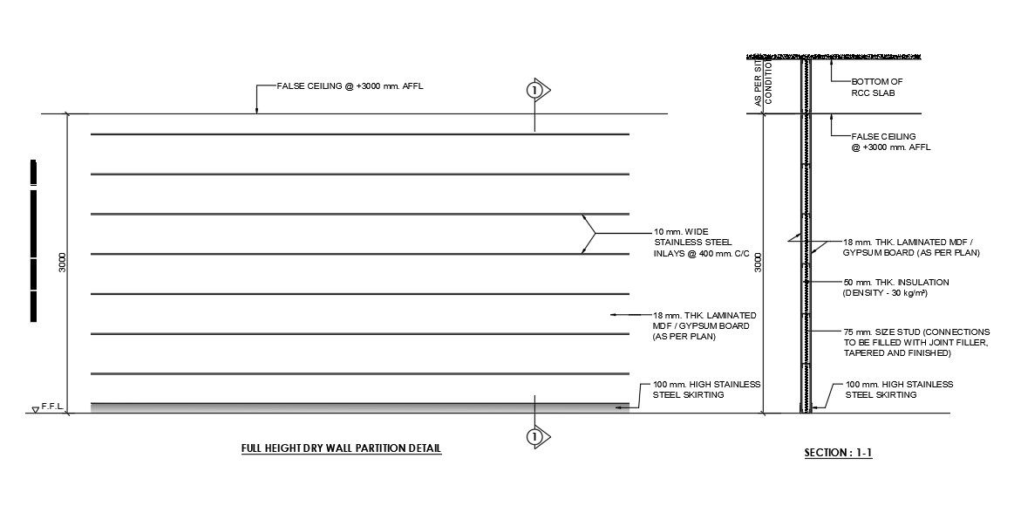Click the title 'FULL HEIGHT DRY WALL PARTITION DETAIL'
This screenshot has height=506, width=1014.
click(x=342, y=449)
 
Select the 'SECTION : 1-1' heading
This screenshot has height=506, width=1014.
click(x=838, y=454)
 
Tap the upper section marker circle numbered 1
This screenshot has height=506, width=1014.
click(x=534, y=89)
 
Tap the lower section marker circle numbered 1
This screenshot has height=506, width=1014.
click(x=534, y=436)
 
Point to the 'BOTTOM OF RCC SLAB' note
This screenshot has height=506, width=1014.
click(x=876, y=86)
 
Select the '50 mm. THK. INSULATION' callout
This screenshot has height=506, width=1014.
click(x=895, y=288)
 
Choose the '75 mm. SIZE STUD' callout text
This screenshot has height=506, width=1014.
click(x=915, y=344)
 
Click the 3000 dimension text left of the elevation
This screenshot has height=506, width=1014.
click(x=62, y=262)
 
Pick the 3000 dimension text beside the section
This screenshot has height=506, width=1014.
click(x=758, y=262)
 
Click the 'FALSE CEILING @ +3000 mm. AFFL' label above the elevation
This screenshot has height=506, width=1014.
click(x=354, y=86)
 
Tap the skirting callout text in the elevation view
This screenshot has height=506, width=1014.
click(x=707, y=390)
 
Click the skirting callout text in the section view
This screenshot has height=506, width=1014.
click(x=899, y=390)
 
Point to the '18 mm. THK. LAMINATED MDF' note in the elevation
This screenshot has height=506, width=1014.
click(x=704, y=325)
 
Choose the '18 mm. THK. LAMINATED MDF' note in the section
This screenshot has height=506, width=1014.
click(x=911, y=247)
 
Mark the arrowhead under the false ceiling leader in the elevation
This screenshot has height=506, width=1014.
click(x=256, y=110)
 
